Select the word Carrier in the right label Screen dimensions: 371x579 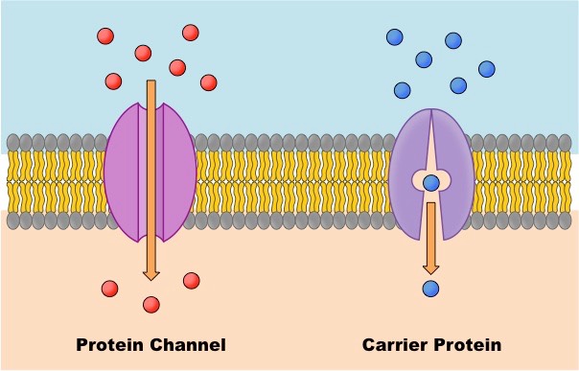[395, 344]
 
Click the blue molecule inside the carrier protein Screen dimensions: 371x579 [431, 182]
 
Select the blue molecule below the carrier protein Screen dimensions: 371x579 [430, 288]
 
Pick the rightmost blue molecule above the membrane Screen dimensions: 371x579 [487, 69]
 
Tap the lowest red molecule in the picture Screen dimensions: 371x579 [151, 305]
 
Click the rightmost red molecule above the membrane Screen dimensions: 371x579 [208, 82]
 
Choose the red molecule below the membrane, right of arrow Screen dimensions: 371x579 [191, 280]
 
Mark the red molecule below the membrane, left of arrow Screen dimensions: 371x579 [110, 289]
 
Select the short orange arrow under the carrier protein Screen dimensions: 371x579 [431, 240]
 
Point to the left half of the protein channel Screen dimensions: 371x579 [125, 173]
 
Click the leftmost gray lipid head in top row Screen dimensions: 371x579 [13, 143]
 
